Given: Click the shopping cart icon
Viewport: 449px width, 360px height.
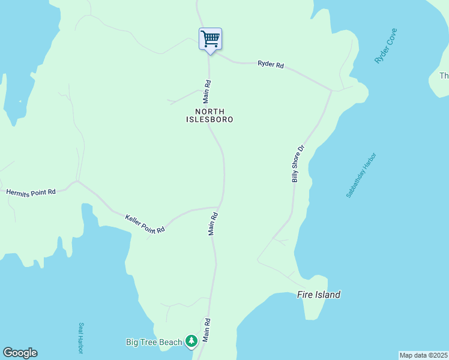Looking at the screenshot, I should click(210, 40).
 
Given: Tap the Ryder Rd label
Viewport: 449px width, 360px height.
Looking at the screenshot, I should click(270, 64).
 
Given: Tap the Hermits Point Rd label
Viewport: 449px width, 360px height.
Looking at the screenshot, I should click(31, 192).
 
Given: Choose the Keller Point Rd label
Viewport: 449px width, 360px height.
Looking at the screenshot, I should click(144, 224).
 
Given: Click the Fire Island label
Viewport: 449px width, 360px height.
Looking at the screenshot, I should click(319, 295).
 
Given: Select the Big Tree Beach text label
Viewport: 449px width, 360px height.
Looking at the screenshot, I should click(154, 342).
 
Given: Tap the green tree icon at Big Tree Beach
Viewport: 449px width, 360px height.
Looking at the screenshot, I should click(191, 341).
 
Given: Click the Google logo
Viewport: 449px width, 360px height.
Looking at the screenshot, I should click(20, 353).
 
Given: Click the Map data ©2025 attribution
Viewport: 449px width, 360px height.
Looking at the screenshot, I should click(423, 355).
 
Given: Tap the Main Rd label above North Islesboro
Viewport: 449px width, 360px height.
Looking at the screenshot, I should click(207, 91).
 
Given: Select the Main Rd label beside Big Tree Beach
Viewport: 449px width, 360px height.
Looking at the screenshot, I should click(206, 330).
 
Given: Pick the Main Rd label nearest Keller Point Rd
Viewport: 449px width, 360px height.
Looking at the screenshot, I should click(213, 223).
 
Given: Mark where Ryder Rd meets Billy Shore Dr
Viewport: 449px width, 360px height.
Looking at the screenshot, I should click(331, 91).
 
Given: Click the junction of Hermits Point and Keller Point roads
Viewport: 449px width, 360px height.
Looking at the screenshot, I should click(77, 181).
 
